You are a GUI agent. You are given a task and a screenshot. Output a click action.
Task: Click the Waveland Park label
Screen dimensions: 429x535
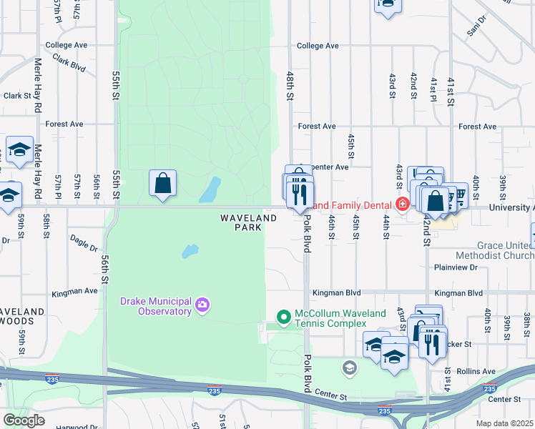(x=247, y=222)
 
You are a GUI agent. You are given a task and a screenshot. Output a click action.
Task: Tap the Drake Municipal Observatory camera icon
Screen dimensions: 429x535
(x=203, y=306)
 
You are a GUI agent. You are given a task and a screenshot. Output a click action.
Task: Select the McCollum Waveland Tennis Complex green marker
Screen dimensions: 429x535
(x=284, y=316)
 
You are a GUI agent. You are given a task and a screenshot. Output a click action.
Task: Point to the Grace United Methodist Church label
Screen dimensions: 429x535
(x=493, y=251)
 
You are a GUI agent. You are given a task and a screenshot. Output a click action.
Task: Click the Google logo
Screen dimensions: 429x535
(x=24, y=420)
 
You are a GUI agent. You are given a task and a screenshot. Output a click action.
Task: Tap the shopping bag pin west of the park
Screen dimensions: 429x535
(x=163, y=183)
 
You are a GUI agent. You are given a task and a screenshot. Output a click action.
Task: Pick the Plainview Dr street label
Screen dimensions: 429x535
(x=456, y=267)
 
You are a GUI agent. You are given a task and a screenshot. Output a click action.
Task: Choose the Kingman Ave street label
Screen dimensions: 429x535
(x=74, y=292)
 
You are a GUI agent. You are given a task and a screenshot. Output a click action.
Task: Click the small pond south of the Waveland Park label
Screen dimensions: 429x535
(x=190, y=252)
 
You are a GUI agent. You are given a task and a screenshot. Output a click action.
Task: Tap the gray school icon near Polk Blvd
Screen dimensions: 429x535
(x=349, y=368)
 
